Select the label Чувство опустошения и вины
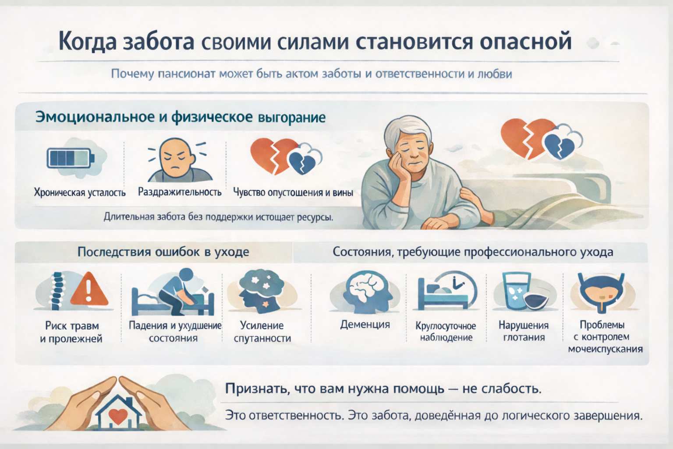point(293,192)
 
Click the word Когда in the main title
point(88,41)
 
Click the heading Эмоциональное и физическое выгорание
point(180,118)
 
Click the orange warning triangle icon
point(89,289)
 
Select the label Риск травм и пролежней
point(71,332)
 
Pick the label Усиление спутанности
point(262,331)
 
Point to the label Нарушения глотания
point(524,331)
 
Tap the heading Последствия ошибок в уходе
point(163,252)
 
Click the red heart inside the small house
point(117,415)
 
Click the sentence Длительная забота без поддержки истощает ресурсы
point(218,217)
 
